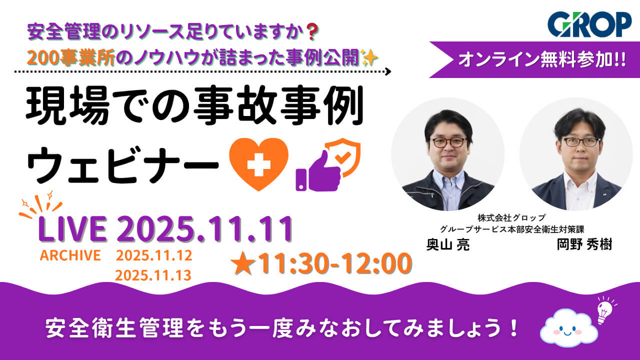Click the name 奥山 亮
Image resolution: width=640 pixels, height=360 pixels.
pos(447,245)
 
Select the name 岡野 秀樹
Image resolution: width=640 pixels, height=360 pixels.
pos(584,245)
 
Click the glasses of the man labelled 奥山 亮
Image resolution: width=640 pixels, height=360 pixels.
pos(448,142)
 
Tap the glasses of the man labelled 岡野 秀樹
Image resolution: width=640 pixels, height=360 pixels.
pos(580,141)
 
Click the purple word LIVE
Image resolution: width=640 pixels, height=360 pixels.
pos(73,230)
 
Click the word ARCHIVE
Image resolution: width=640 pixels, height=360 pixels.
pos(70,255)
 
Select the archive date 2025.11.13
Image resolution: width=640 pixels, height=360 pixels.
pos(153,275)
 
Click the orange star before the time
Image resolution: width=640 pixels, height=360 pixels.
pos(241,263)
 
